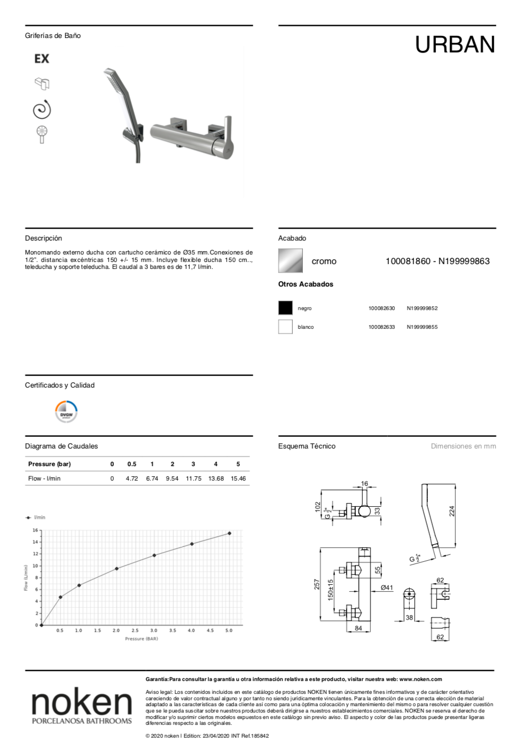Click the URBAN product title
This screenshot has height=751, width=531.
coord(455,45)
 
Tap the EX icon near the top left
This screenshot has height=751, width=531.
coord(42,59)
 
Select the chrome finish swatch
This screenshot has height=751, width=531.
coord(290,261)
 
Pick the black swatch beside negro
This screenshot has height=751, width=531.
coord(285,308)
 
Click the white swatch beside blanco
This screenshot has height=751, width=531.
coord(285,327)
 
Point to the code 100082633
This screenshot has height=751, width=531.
coord(381,327)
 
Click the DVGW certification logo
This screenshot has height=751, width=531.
coord(66,412)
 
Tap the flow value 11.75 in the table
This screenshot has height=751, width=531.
coord(193,478)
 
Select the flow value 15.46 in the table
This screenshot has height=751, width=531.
coord(238,478)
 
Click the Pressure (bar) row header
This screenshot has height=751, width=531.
coord(49,464)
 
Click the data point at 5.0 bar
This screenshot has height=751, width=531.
coord(229,533)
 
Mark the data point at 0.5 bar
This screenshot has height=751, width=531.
coord(60,597)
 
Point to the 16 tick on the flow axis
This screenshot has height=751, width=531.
coord(35,530)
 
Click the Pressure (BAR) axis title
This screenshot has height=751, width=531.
coord(142,639)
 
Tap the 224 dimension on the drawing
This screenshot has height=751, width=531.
coord(452,511)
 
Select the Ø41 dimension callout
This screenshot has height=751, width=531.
coord(387,588)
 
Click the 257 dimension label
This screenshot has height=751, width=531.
coord(317,584)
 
